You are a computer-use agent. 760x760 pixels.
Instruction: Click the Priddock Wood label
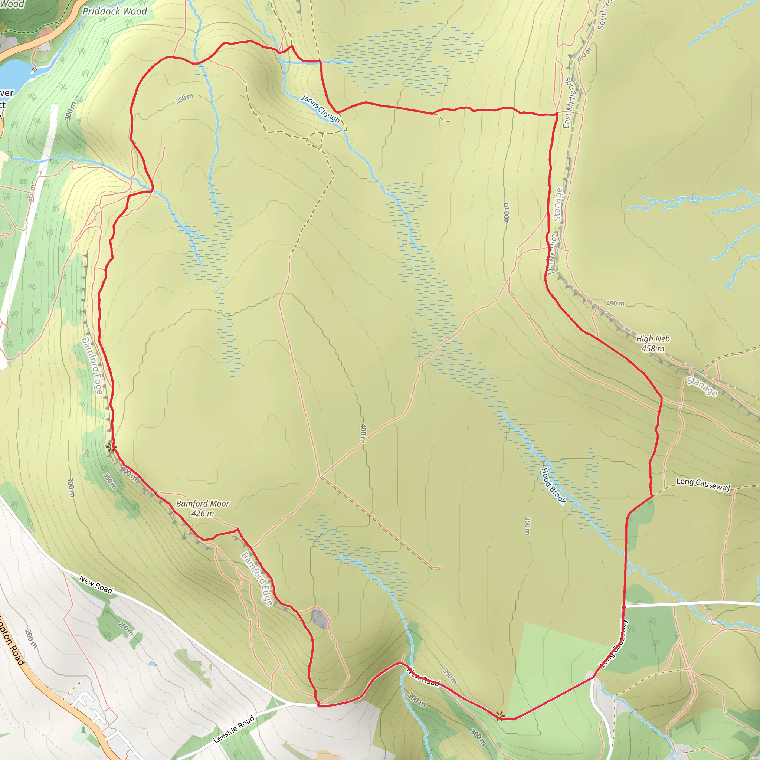coord(114,12)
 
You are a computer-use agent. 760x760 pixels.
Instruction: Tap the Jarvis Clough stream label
coord(320,109)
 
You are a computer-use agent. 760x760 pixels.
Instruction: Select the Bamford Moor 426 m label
coord(203,508)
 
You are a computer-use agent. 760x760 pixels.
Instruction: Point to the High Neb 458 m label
coord(653,343)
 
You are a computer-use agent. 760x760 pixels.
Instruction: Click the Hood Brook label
coord(553,486)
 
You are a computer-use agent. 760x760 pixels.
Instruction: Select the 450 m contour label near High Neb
coord(615,303)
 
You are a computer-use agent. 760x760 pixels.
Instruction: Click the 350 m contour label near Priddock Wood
coord(184,98)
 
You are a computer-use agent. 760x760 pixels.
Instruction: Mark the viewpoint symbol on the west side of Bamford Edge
coord(111,446)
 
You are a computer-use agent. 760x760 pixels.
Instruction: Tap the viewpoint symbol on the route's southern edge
coord(499,715)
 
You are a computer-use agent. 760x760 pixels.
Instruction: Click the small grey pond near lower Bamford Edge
coord(321,618)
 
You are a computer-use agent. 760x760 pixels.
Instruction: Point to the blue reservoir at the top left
coord(14,75)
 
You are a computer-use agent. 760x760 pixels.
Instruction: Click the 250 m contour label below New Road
coord(126,628)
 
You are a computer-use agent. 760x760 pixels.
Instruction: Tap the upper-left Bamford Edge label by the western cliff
coord(92,366)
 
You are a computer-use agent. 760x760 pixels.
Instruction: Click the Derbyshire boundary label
coord(552,254)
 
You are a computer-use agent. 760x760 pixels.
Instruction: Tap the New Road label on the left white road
coord(96,584)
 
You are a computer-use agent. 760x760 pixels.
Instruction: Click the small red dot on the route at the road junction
coord(623,607)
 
